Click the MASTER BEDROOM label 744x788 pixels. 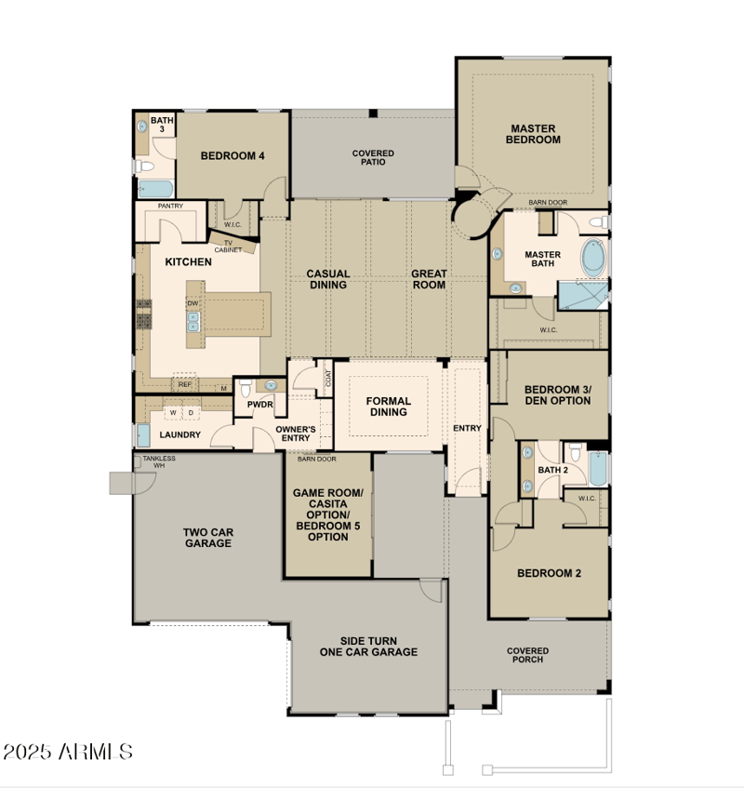[x=533, y=134]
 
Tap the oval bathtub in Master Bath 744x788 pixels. [x=592, y=258]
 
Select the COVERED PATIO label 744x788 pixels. [x=373, y=157]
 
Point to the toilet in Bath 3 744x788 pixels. [x=144, y=167]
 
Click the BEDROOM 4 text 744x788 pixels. [x=232, y=155]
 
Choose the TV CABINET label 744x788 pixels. [x=228, y=246]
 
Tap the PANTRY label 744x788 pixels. [x=170, y=206]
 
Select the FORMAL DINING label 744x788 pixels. [x=388, y=407]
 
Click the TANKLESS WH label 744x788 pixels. [x=158, y=461]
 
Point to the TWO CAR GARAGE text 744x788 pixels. [x=207, y=538]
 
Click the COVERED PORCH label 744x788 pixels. [x=527, y=655]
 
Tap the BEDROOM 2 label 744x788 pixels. [x=549, y=573]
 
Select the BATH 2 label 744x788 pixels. [x=552, y=470]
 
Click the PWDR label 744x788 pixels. [x=259, y=406]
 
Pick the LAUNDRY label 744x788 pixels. [x=180, y=434]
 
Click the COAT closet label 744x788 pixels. [x=327, y=380]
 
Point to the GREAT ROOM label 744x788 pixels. [x=430, y=279]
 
